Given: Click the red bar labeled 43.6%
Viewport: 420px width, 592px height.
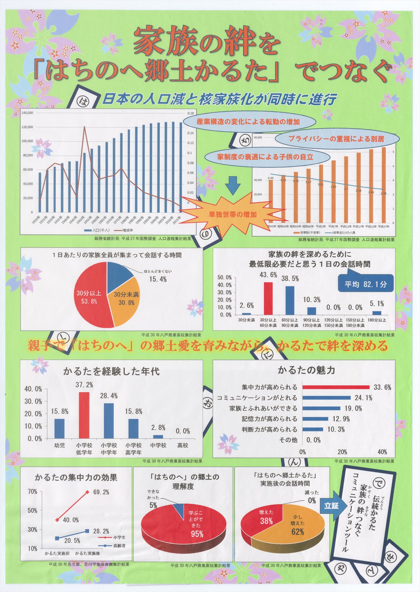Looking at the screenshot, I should (268, 298).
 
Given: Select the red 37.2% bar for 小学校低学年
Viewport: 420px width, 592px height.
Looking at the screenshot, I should (84, 415).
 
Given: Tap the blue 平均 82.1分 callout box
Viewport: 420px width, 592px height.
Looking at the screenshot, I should (366, 284).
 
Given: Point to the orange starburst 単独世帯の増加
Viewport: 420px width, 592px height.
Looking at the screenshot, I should (232, 214).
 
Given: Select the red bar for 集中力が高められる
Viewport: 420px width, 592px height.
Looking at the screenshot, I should (336, 387).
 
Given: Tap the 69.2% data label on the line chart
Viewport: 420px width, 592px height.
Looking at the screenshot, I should (101, 492).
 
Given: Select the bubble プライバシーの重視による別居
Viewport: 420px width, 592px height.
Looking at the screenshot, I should (336, 139).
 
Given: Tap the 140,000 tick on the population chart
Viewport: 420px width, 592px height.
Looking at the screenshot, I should (27, 113).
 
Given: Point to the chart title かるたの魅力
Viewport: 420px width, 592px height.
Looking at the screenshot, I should (306, 370).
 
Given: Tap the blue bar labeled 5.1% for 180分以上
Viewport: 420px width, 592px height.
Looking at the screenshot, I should (377, 313).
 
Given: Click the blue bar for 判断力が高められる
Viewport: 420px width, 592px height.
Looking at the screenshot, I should (313, 429).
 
